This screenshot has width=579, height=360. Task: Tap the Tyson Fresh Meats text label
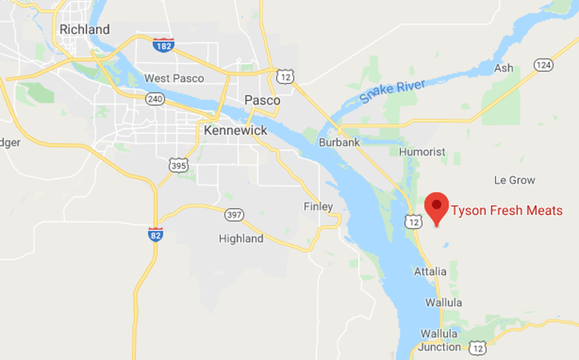pyautogui.click(x=507, y=210)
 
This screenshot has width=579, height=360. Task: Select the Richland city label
pyautogui.click(x=84, y=29)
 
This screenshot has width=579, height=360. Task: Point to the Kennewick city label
pyautogui.click(x=235, y=130)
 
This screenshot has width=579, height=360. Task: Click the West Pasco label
pyautogui.click(x=174, y=78)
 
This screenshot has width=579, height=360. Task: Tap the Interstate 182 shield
pyautogui.click(x=163, y=45)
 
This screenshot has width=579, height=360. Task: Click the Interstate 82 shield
pyautogui.click(x=155, y=235)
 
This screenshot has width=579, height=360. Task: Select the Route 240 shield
pyautogui.click(x=154, y=99)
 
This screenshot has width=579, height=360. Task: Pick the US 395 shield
pyautogui.click(x=179, y=165)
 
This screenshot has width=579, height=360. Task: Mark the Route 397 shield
pyautogui.click(x=234, y=215)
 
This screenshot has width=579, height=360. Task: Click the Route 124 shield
pyautogui.click(x=543, y=64)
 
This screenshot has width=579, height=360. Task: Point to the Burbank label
pyautogui.click(x=339, y=143)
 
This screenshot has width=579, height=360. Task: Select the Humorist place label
pyautogui.click(x=422, y=152)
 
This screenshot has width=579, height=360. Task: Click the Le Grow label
pyautogui.click(x=514, y=180)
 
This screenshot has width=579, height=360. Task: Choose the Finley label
pyautogui.click(x=318, y=206)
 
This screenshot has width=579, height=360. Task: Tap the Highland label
pyautogui.click(x=241, y=238)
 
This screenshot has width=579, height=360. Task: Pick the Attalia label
pyautogui.click(x=430, y=272)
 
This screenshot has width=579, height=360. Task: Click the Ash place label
pyautogui.click(x=503, y=68)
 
